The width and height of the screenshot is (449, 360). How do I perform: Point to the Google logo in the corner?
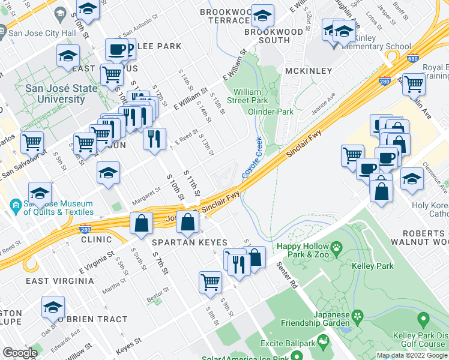[x=19, y=353]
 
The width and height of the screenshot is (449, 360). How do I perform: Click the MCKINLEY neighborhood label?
[x=308, y=71]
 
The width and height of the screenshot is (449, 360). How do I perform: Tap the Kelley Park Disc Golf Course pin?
[x=423, y=320]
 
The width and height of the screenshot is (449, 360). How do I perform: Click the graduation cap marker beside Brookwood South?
[x=262, y=14]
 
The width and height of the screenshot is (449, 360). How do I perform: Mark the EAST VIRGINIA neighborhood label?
[x=59, y=281]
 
